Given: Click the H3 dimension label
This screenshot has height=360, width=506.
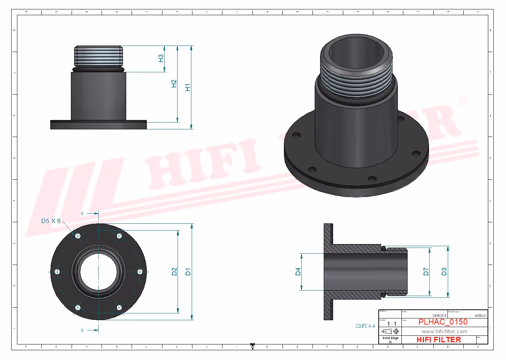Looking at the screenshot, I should [x=161, y=58].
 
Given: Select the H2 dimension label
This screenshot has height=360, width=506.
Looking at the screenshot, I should [x=174, y=83].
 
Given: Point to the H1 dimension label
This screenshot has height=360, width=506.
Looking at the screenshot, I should [x=188, y=87].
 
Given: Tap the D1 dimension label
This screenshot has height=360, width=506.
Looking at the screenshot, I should [x=188, y=271].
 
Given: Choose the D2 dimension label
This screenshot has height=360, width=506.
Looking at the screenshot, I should [x=174, y=271].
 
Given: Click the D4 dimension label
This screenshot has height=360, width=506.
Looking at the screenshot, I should [x=298, y=271].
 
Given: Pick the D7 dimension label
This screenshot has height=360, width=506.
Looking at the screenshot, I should [x=426, y=271].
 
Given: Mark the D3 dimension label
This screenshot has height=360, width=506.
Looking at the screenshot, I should [x=444, y=271].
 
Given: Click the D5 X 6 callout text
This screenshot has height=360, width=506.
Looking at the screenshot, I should [x=51, y=221].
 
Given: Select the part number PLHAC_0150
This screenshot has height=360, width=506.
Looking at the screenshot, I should [x=443, y=322].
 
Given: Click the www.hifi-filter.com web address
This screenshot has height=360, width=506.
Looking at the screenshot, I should [x=444, y=331].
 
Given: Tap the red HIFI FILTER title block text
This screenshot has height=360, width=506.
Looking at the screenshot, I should [x=438, y=340].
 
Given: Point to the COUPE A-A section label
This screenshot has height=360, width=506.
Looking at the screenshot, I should [x=365, y=326].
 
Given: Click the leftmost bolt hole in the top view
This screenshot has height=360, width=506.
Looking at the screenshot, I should [x=57, y=272].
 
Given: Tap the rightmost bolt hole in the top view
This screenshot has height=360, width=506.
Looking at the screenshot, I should [x=140, y=272].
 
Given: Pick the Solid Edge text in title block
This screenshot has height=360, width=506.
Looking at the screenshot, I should [x=390, y=338].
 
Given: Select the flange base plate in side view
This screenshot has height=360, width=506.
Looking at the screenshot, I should [x=98, y=125].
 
